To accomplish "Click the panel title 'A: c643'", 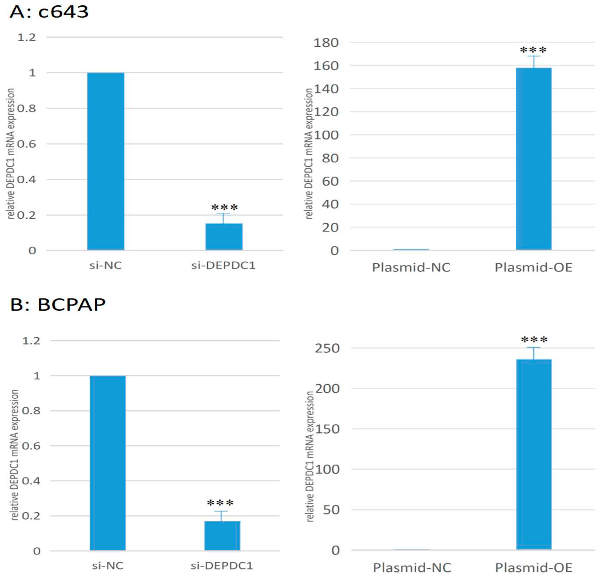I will (x=49, y=12).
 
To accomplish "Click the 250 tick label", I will (x=327, y=348).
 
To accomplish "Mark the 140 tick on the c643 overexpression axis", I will (x=326, y=89).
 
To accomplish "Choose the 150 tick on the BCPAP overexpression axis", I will (x=327, y=429).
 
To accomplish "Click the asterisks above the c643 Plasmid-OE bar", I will (x=534, y=50).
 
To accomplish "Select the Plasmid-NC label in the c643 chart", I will (x=411, y=267).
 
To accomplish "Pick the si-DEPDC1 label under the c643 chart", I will (x=223, y=265).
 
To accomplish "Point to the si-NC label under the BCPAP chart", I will (x=108, y=565).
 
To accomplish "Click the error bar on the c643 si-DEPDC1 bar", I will (x=224, y=218).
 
